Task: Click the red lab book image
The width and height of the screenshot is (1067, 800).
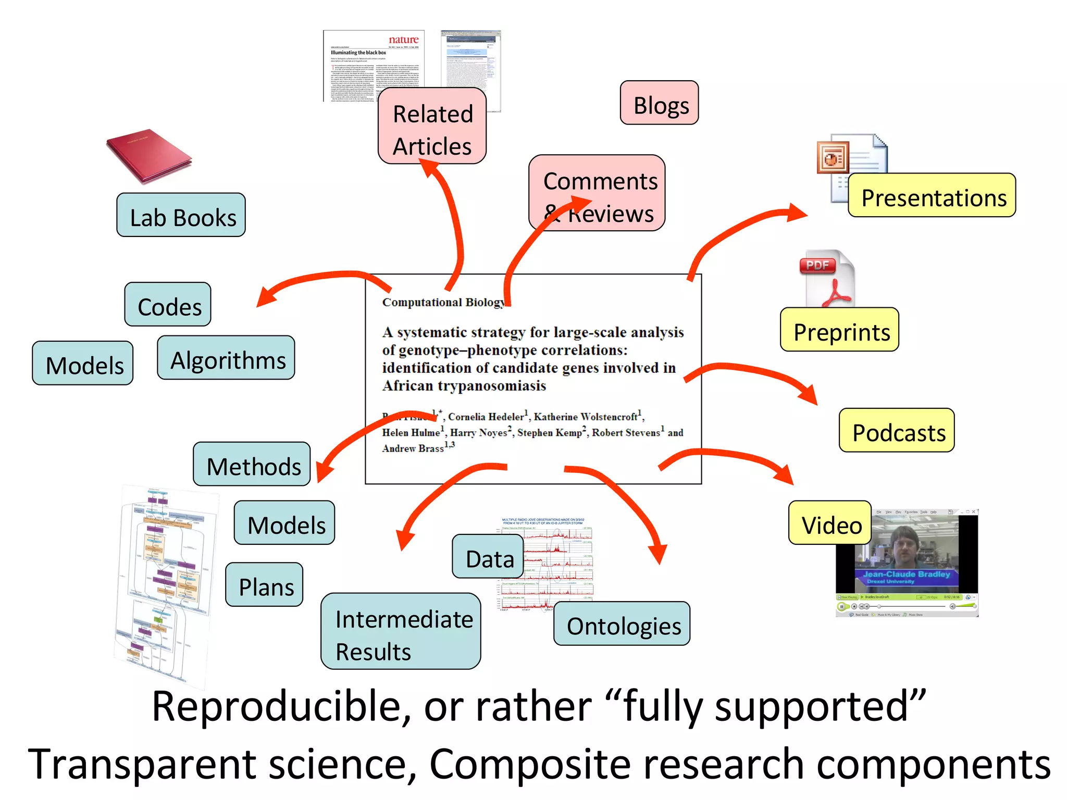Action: tap(149, 156)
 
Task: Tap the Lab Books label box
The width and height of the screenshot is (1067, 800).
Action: tap(181, 215)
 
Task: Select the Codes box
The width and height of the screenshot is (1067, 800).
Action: tap(168, 305)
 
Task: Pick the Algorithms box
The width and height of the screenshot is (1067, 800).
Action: tap(226, 358)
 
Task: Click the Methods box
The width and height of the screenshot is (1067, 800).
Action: tap(252, 465)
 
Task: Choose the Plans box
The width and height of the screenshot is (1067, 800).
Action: tap(265, 585)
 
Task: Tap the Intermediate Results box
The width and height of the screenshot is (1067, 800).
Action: tap(401, 632)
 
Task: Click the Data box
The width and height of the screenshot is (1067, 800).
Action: tap(488, 557)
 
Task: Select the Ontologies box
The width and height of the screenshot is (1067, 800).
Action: tap(622, 624)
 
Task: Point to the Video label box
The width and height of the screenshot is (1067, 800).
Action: tap(830, 523)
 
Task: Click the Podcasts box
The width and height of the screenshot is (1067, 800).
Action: tap(897, 431)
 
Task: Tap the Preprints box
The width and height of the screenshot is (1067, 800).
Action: tap(840, 330)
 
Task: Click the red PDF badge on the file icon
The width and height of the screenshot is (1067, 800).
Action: tap(817, 265)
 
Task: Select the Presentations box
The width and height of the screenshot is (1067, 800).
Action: tap(932, 196)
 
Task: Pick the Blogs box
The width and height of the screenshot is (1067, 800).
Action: tap(660, 103)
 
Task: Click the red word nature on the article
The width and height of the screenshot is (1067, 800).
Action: tap(404, 40)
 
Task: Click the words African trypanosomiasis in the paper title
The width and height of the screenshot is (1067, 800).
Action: tap(464, 386)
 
